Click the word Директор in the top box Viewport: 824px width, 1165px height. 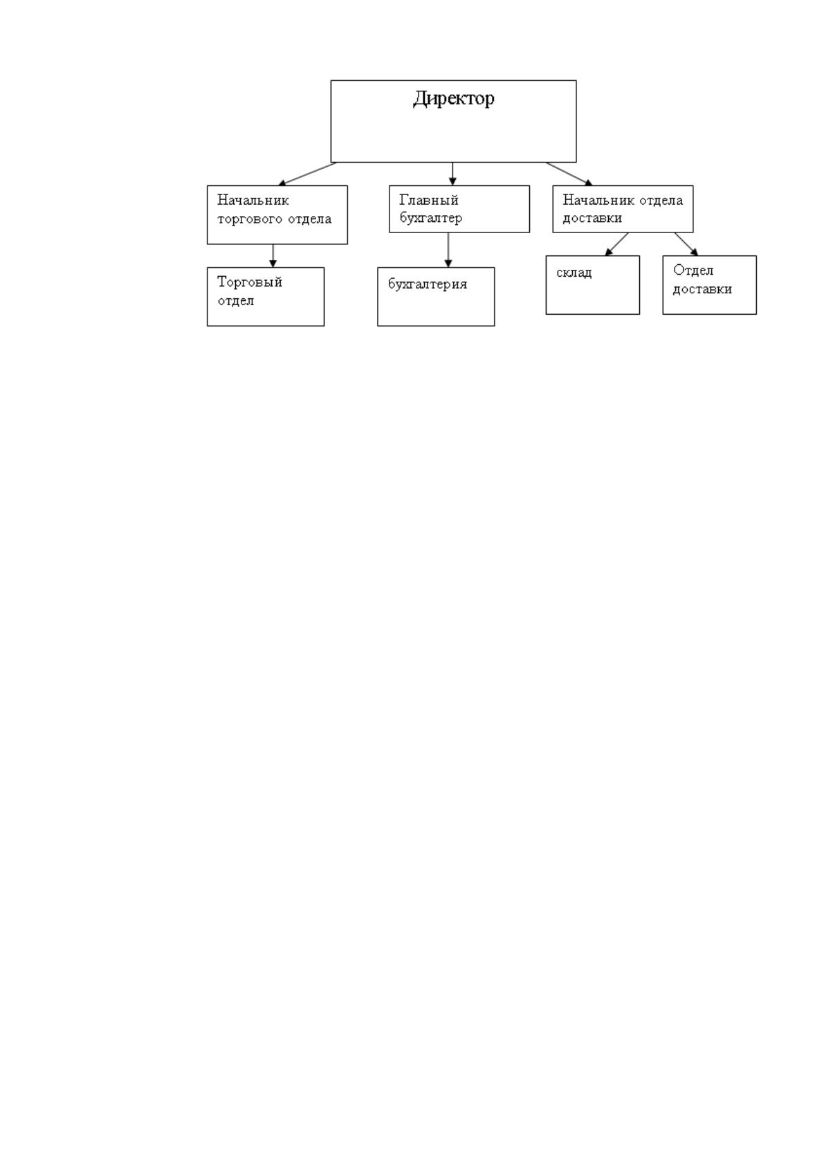point(454,98)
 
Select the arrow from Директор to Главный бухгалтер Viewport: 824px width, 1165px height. point(452,174)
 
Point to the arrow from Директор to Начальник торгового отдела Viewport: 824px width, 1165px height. point(307,174)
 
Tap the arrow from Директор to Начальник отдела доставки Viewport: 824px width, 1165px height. point(569,174)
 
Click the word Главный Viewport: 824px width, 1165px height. point(429,200)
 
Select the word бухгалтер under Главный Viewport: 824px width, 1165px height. point(431,218)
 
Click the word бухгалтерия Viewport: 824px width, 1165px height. point(428,284)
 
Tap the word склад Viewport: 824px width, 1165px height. point(574,273)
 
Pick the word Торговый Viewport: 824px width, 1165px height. point(250,282)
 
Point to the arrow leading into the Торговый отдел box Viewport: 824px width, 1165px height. point(273,255)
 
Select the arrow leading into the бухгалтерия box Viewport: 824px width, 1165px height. point(448,250)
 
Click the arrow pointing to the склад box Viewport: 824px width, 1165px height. point(616,244)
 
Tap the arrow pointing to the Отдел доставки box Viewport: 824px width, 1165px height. point(686,244)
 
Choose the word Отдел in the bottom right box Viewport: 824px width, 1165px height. point(693,270)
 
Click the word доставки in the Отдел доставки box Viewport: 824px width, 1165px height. point(702,289)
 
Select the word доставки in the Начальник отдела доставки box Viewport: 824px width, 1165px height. point(592,218)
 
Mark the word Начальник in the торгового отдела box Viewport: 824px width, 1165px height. point(253,200)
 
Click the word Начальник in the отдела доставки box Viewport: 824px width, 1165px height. point(598,200)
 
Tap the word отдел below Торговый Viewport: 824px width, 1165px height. point(236,301)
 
